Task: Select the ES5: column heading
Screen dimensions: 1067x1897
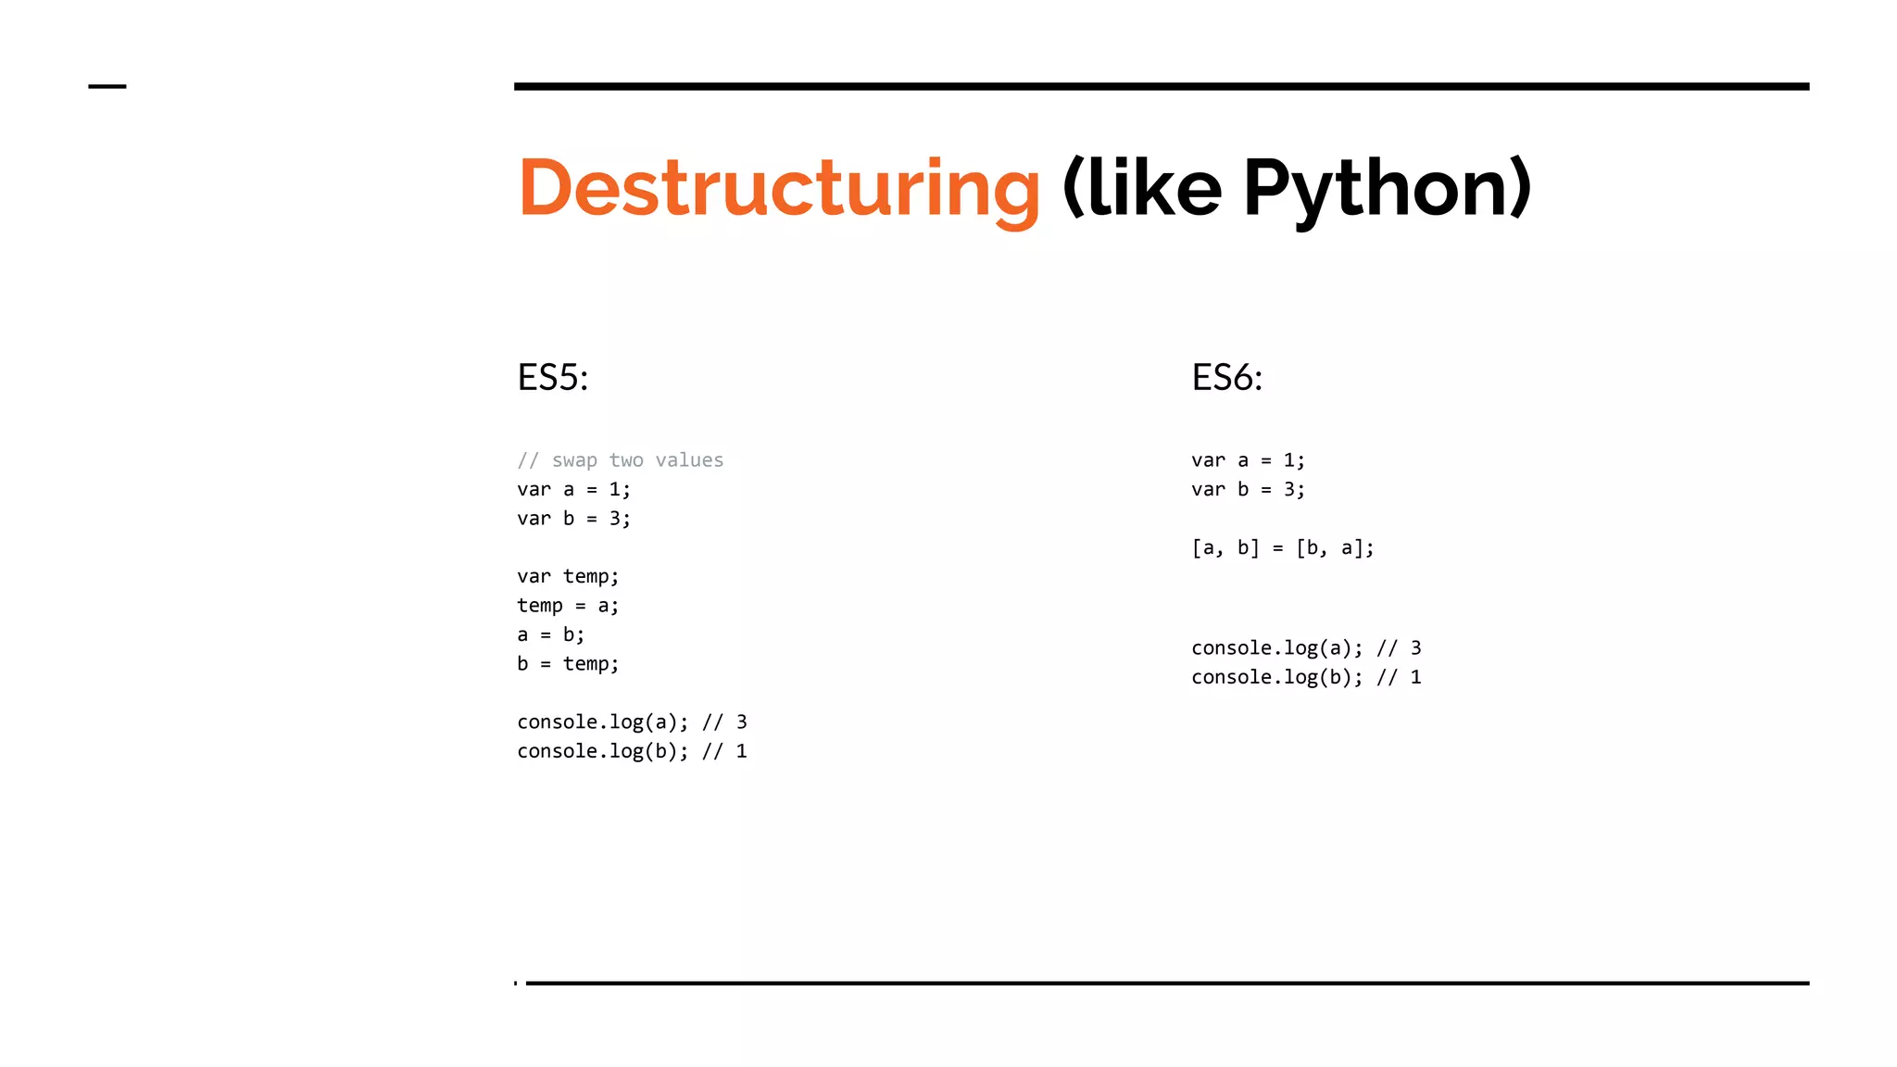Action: [x=553, y=378]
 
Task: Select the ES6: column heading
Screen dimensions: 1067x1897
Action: [x=1226, y=378]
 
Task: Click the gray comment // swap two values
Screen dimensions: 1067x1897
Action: [x=620, y=460]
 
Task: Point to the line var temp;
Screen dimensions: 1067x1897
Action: [x=568, y=576]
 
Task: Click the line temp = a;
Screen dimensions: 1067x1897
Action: [x=568, y=606]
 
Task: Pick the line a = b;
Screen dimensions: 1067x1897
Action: [x=550, y=634]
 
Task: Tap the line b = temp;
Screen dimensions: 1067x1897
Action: [x=568, y=664]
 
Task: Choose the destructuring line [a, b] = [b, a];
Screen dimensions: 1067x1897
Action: [x=1282, y=548]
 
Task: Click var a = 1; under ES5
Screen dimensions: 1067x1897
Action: [x=573, y=489]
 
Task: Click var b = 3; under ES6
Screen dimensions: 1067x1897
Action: [x=1248, y=489]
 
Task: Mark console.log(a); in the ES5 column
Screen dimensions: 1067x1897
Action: [x=603, y=722]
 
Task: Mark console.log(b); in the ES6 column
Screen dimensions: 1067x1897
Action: [x=1277, y=677]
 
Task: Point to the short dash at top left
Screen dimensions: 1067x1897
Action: [x=107, y=86]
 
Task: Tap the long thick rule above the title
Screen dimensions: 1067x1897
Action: [x=1161, y=86]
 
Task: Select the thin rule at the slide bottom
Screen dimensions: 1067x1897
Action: [x=1167, y=983]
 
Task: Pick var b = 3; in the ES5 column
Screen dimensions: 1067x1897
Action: [x=573, y=519]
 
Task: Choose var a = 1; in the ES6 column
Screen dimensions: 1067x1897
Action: [x=1248, y=460]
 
